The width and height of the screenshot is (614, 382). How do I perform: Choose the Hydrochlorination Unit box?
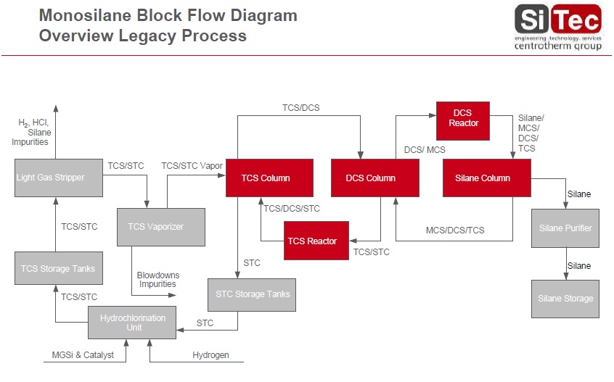point(132,323)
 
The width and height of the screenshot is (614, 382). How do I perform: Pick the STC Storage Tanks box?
point(252,294)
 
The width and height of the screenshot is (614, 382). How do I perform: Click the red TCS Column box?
point(266,178)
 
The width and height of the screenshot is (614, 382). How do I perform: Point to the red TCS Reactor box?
point(316,241)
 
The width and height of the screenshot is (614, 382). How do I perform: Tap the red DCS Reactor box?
point(463,118)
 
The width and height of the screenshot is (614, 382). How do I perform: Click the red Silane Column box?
point(487,178)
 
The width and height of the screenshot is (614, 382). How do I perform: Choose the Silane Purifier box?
point(565,228)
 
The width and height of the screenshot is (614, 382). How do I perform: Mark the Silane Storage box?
point(565,298)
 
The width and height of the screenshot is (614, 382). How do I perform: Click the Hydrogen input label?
point(210,355)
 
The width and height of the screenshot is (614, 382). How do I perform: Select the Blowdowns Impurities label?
point(157,280)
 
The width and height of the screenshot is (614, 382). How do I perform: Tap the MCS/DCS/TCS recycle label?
point(455,231)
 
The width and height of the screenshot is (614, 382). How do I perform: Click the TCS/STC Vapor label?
point(192,166)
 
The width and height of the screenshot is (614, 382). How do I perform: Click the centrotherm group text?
point(557,46)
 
